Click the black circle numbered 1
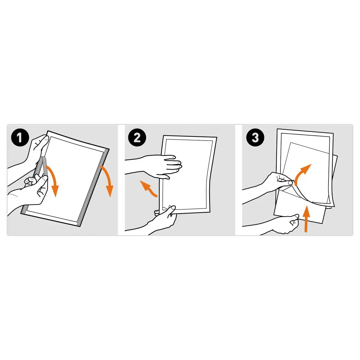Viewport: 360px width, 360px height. point(20,138)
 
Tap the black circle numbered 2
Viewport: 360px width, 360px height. point(137,138)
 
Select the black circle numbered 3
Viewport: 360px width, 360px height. point(255,138)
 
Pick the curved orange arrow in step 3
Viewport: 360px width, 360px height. point(301,173)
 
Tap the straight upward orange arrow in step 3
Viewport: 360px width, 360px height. point(306,219)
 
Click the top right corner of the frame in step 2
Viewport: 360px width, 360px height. point(217,137)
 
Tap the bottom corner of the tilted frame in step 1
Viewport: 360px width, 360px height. point(80,226)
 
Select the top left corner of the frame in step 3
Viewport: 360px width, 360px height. point(277,129)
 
